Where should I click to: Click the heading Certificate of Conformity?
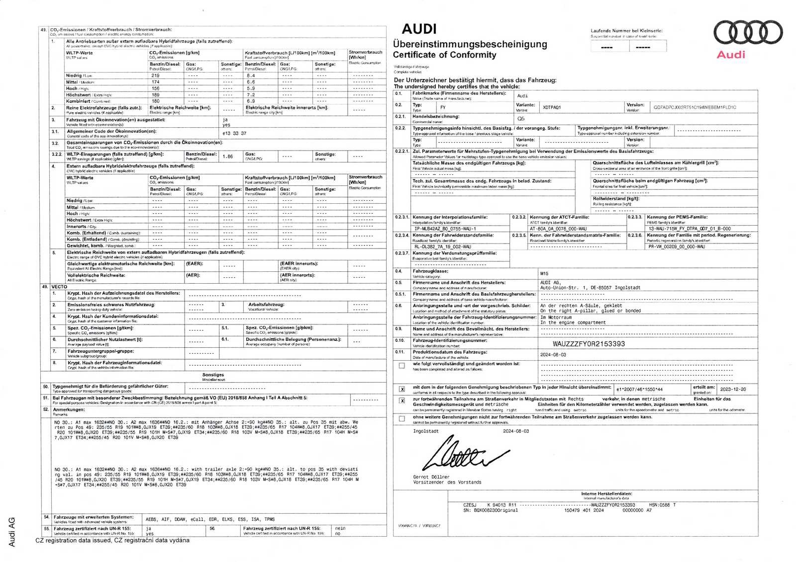[x=444, y=55]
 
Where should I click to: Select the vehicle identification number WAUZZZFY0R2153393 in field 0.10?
[x=589, y=344]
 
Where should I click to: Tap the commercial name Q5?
[x=521, y=119]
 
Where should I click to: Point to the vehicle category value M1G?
[x=544, y=273]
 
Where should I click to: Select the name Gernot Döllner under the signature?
[x=431, y=477]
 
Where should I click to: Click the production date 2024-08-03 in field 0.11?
[x=553, y=355]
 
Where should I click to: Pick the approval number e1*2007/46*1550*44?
[x=639, y=390]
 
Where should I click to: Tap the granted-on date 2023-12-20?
[x=733, y=390]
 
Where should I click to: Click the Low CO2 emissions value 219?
[x=156, y=76]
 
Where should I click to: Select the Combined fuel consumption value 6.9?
[x=251, y=101]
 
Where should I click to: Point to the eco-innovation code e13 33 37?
[x=234, y=133]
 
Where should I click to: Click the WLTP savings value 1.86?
[x=227, y=157]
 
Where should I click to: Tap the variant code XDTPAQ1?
[x=551, y=107]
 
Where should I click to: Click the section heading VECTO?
[x=59, y=287]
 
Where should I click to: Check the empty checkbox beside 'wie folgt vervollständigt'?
[x=401, y=366]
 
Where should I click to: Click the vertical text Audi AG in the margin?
[x=12, y=531]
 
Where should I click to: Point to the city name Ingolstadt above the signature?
[x=425, y=431]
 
